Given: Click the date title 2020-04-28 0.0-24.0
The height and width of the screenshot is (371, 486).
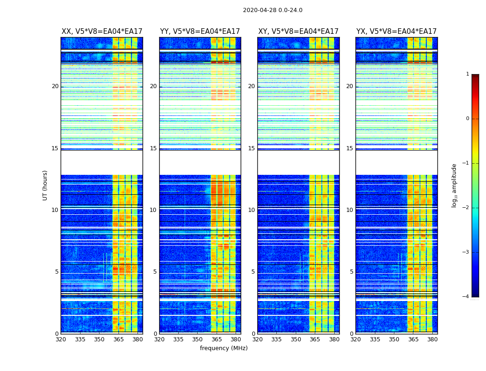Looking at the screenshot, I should (273, 10).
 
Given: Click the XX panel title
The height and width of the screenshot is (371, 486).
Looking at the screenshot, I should (102, 32).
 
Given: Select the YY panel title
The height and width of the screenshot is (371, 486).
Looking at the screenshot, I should (200, 32).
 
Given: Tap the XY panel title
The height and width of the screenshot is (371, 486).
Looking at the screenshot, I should (299, 32).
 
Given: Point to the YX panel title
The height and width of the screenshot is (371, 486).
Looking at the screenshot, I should (396, 32).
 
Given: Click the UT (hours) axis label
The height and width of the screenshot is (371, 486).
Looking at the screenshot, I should (45, 185).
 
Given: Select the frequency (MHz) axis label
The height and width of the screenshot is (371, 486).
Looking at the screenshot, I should (224, 348).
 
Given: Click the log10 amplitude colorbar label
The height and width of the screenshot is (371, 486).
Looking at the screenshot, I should (455, 185).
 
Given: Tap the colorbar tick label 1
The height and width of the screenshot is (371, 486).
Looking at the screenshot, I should (467, 74).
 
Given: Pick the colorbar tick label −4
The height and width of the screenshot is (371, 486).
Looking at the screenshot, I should (466, 297).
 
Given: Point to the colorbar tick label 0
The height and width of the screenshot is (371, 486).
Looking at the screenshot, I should (467, 119).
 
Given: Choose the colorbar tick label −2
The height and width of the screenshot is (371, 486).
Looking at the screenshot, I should (466, 208).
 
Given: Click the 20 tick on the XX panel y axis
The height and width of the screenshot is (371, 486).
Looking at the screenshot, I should (55, 86).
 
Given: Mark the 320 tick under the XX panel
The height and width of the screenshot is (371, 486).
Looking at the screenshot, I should (61, 339).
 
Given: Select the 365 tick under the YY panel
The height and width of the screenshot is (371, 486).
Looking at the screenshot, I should (217, 339).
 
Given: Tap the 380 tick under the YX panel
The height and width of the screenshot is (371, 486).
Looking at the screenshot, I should (432, 339).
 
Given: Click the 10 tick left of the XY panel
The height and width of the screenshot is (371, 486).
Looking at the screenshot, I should (251, 210).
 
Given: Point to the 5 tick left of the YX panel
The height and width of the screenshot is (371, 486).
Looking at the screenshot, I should (352, 272).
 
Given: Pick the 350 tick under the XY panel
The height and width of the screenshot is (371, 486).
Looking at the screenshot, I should (296, 339).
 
